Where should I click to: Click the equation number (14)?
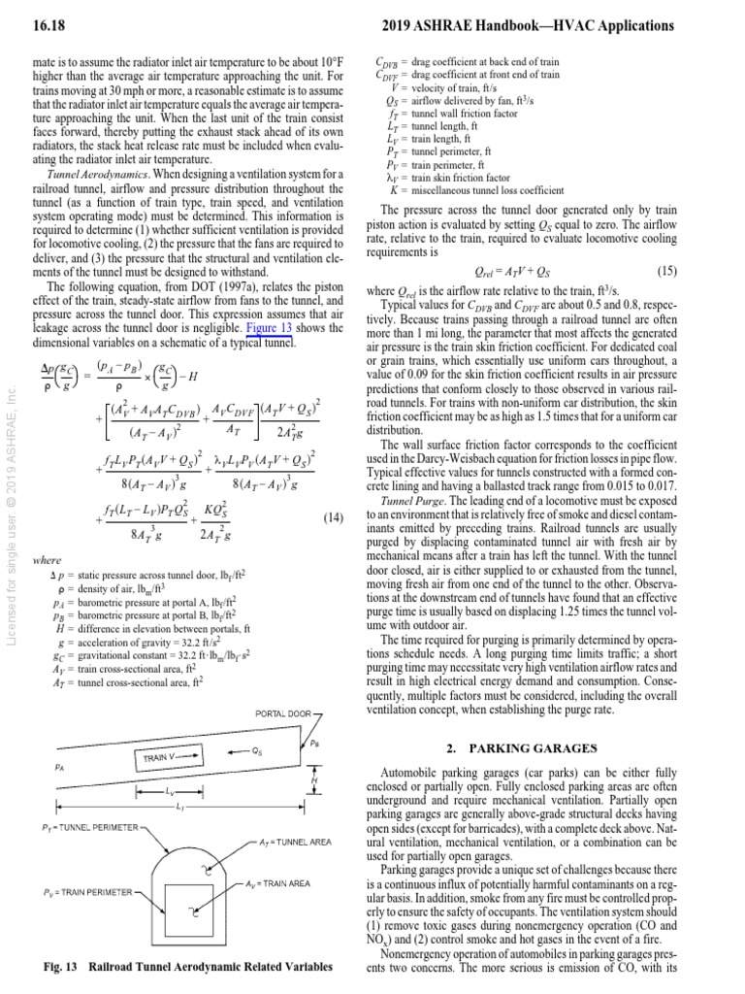click(x=332, y=518)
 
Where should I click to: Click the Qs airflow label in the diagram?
click(x=256, y=750)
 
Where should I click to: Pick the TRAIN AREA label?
click(x=276, y=883)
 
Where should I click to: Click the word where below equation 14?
click(x=47, y=560)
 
